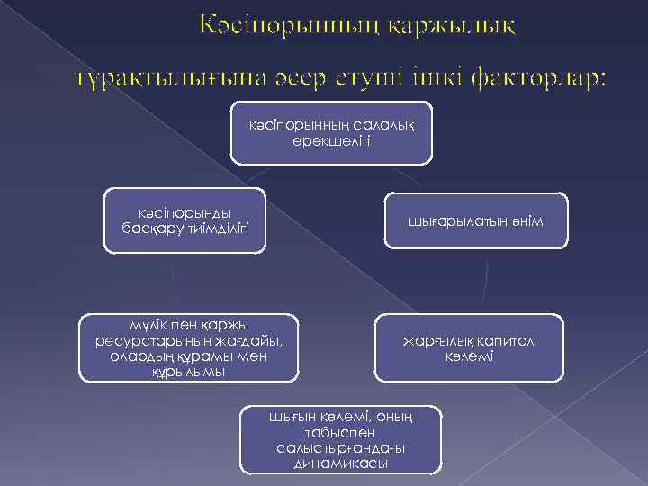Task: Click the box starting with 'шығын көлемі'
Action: click(341, 440)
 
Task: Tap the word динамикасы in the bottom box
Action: click(341, 463)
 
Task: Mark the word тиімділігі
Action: click(212, 229)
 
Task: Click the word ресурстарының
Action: click(154, 340)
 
